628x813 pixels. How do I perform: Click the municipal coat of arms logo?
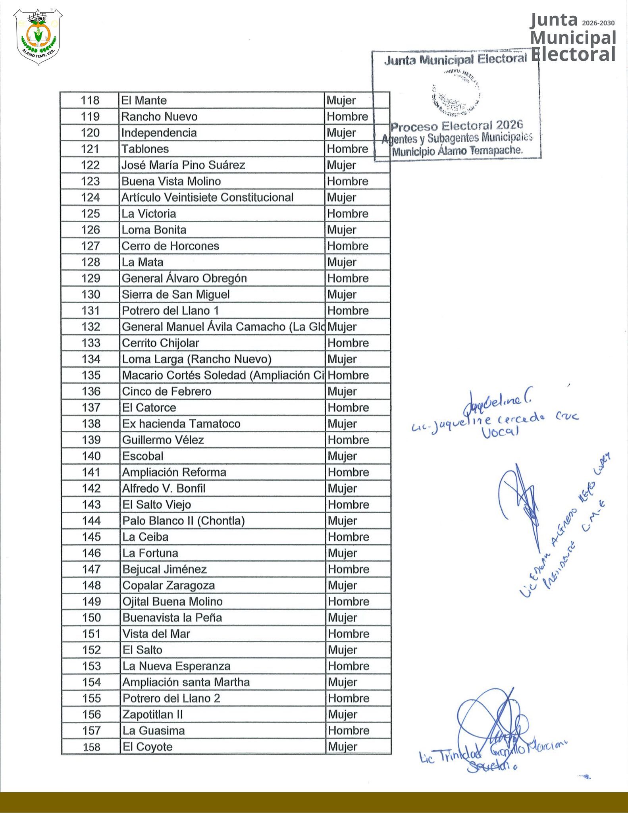click(38, 37)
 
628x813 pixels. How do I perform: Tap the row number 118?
click(90, 100)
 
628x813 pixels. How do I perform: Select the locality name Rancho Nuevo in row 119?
click(159, 117)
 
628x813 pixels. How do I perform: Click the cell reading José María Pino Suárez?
click(183, 165)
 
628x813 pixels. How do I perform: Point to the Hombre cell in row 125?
click(348, 214)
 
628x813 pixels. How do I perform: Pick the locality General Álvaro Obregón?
click(184, 278)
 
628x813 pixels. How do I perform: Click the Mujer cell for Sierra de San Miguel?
click(342, 295)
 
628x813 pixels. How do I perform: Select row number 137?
click(91, 408)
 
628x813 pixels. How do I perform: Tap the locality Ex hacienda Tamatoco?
click(181, 424)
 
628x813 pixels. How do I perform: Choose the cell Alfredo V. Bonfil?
click(164, 488)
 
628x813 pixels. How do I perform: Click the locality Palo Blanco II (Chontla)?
click(183, 521)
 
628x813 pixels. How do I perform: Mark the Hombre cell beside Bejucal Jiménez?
click(349, 569)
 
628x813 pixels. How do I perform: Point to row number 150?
click(91, 618)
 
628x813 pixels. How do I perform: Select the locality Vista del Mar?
click(156, 634)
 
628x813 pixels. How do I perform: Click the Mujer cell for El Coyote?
click(343, 747)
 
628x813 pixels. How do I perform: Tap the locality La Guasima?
click(154, 730)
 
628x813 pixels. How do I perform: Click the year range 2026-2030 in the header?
click(598, 23)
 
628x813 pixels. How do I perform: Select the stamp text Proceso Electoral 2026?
click(457, 126)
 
